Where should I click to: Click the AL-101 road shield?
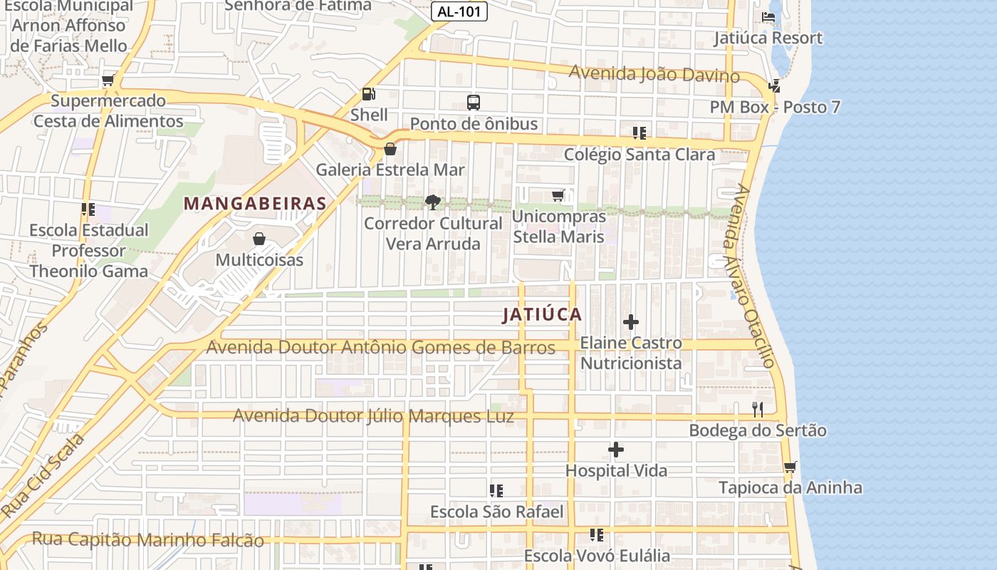click(x=459, y=11)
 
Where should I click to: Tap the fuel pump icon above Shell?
click(x=368, y=93)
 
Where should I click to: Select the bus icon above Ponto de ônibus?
click(x=474, y=102)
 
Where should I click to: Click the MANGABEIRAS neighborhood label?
click(x=255, y=203)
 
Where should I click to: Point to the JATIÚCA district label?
click(x=542, y=314)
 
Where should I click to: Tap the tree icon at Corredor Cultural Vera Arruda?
click(x=432, y=202)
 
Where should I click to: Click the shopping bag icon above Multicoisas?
click(x=259, y=239)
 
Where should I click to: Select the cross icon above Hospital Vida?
click(x=616, y=450)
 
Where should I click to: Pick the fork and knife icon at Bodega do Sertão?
click(x=758, y=409)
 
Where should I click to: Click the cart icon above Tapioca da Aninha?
click(x=790, y=467)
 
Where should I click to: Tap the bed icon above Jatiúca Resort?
click(x=768, y=16)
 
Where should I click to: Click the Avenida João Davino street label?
click(x=654, y=73)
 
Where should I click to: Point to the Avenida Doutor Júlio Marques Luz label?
click(x=373, y=415)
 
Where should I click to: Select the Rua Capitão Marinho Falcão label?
click(x=148, y=540)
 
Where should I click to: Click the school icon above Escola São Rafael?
click(x=496, y=491)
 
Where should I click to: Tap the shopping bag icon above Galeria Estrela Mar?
click(x=390, y=149)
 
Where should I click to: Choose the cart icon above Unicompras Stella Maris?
click(x=558, y=195)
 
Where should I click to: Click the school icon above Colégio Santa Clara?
click(x=639, y=133)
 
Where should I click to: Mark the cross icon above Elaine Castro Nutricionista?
click(x=630, y=322)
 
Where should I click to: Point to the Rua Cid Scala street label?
click(x=42, y=476)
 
